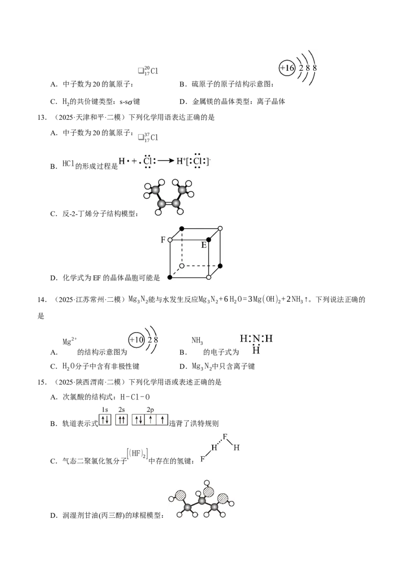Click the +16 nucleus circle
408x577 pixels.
(287, 68)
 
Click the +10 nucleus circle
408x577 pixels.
(136, 339)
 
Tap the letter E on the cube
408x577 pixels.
(203, 245)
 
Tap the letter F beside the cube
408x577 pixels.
(163, 240)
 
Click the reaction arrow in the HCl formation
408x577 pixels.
(166, 161)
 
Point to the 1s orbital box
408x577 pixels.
(105, 419)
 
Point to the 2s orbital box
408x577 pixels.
(121, 419)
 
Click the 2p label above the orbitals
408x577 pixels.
(150, 410)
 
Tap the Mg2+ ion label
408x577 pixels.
(69, 341)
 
